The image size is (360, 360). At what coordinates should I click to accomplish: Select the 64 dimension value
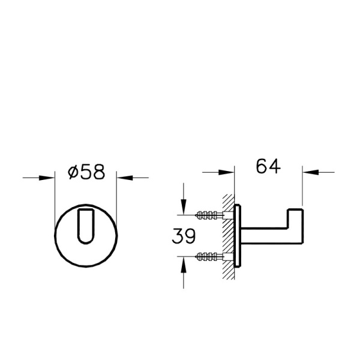pos(268,166)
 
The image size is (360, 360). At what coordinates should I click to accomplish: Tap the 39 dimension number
pos(183,236)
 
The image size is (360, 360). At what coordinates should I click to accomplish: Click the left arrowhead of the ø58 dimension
pos(49,177)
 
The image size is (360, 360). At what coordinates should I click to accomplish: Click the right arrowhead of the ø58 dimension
pos(122,177)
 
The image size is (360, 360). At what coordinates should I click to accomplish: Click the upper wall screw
pos(210,214)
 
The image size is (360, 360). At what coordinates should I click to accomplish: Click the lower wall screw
pos(210,257)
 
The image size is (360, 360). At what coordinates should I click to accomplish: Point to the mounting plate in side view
pos(239,235)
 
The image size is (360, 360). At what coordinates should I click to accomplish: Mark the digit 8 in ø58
pos(98,172)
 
